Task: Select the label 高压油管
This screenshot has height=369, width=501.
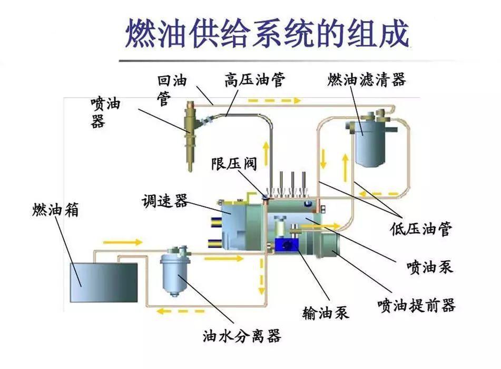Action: [x=254, y=80]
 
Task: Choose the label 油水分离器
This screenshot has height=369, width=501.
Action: [x=242, y=336]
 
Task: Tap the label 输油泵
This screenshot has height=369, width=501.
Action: [x=326, y=313]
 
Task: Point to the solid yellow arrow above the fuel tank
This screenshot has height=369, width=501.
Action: [x=123, y=242]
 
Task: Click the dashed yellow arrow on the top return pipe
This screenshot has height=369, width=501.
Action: [x=273, y=100]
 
